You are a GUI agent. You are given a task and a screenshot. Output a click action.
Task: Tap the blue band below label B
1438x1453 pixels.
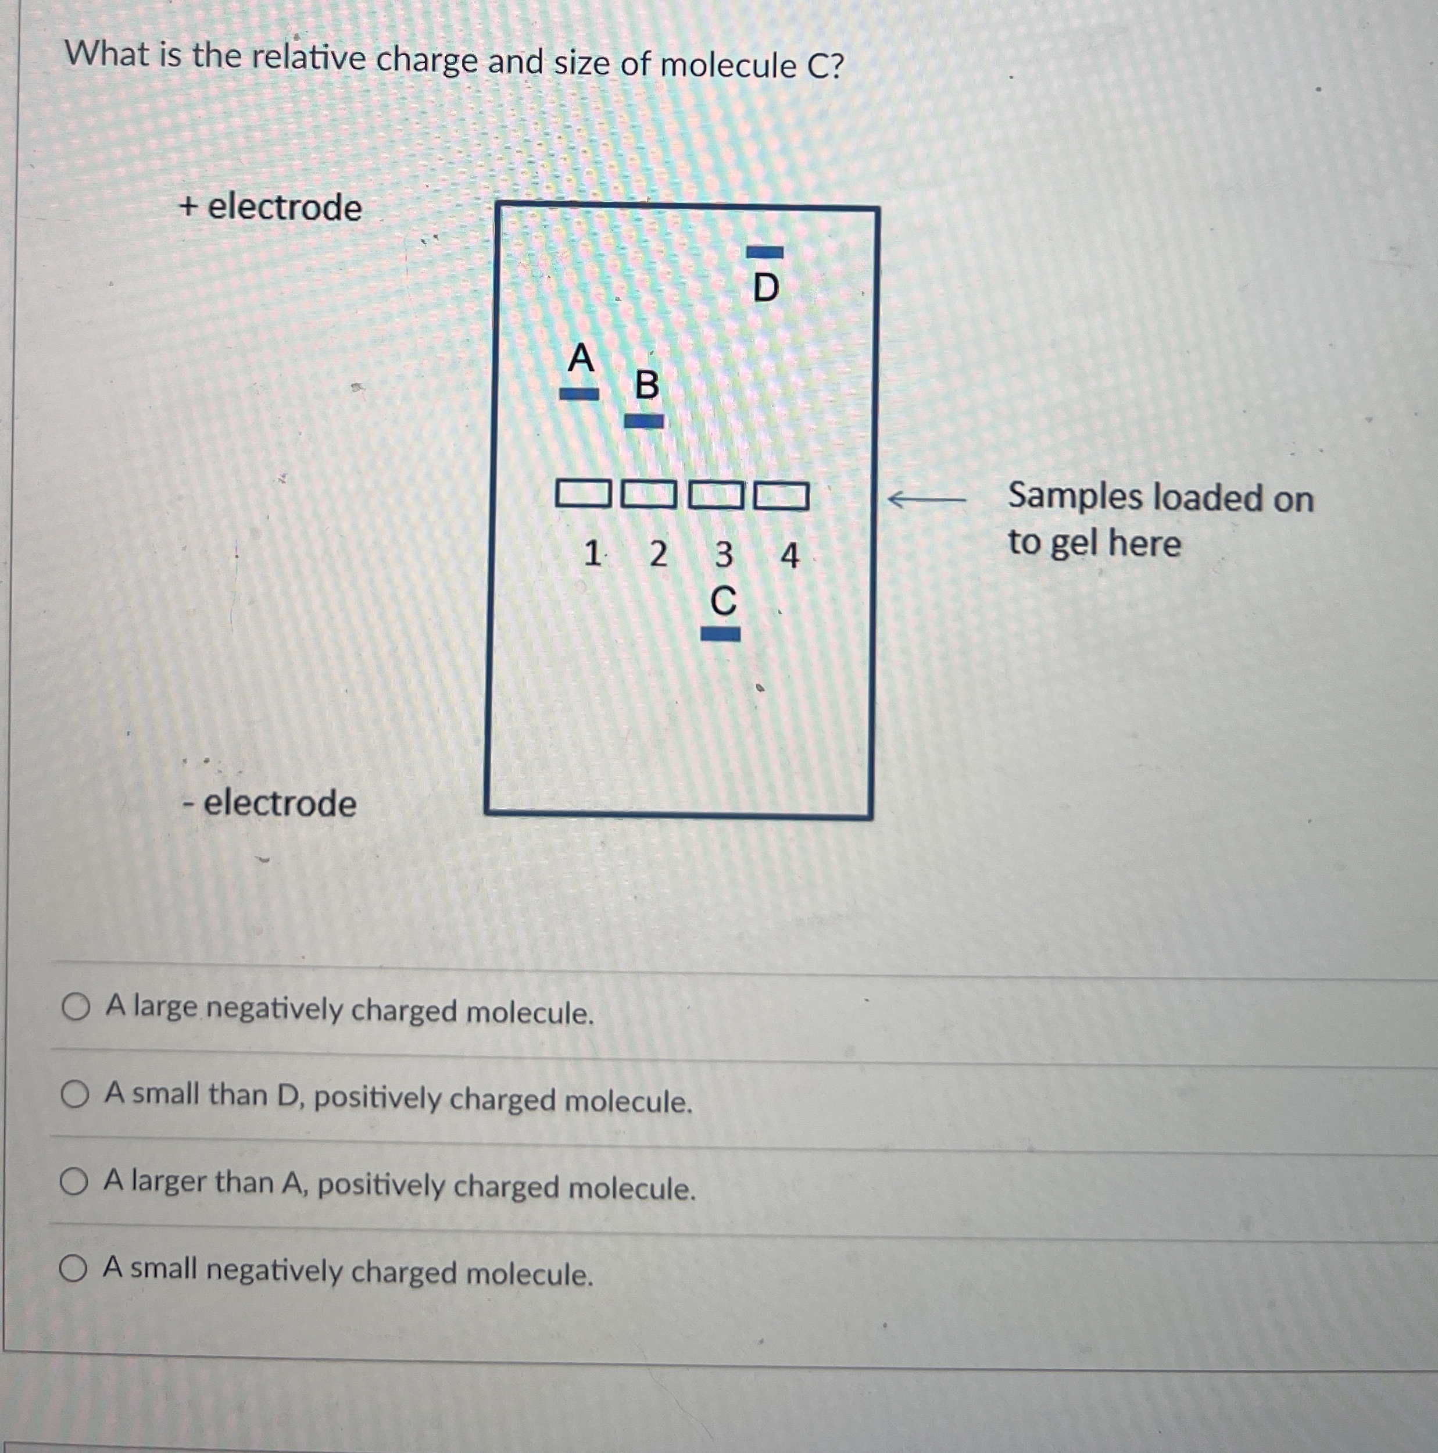[x=644, y=421]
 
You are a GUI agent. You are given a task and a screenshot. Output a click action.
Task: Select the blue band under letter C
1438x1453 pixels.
[x=720, y=635]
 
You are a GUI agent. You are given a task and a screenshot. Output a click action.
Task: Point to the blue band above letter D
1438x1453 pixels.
[x=764, y=252]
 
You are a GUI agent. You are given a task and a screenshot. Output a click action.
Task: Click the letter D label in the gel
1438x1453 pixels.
[x=765, y=287]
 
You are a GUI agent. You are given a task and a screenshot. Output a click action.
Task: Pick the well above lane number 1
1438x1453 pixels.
[x=582, y=494]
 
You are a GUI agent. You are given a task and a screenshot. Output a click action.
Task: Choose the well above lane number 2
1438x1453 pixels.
[x=649, y=495]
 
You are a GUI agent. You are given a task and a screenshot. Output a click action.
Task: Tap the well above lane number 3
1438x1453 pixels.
[x=716, y=495]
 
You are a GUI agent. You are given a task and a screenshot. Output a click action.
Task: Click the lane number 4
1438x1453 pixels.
[x=789, y=556]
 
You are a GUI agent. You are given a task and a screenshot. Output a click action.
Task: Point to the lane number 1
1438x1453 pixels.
[x=592, y=554]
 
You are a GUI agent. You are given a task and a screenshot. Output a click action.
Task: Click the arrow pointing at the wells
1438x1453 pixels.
[x=925, y=499]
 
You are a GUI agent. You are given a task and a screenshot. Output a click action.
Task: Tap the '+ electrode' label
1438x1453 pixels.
[x=271, y=207]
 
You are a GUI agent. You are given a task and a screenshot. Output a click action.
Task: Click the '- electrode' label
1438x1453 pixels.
[x=269, y=803]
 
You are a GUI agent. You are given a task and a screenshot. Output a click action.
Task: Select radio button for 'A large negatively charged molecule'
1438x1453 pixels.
[x=76, y=1008]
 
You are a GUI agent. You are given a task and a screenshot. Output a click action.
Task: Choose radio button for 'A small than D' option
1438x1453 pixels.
[x=75, y=1095]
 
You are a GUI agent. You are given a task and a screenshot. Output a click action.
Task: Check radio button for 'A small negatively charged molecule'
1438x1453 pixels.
[x=74, y=1269]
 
